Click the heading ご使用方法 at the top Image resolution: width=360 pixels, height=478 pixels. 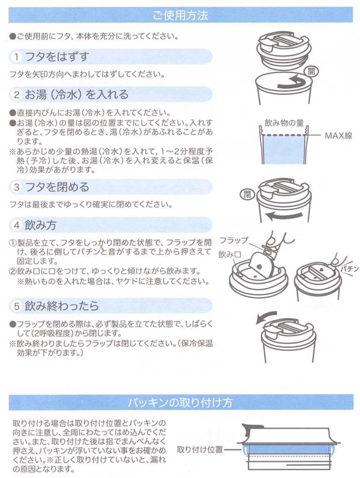pos(180,15)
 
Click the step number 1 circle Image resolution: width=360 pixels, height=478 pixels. pos(16,57)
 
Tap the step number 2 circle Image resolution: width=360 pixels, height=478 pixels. pos(16,94)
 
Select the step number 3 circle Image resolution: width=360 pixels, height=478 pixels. pos(16,187)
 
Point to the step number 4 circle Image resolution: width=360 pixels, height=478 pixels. pos(16,225)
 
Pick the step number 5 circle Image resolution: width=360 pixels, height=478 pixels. pos(16,306)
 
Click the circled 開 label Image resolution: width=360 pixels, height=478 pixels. pos(311,71)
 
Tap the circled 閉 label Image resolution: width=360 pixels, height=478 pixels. pos(247,194)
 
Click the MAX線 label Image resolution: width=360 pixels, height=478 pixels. pos(339,135)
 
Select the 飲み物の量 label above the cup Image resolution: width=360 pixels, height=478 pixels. pos(284,123)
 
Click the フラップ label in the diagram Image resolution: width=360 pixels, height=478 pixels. pos(234,240)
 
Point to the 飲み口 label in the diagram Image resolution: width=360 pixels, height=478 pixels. pos(230,254)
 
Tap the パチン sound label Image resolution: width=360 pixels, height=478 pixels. pos(349,269)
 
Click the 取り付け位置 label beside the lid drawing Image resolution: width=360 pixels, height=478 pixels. pos(200,450)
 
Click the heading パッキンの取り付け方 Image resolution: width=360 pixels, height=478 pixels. pos(180,403)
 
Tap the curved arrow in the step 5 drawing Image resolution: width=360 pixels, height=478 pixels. pos(265,316)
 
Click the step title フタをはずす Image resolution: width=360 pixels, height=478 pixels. pos(57,57)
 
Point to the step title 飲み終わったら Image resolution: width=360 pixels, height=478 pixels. pos(62,306)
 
